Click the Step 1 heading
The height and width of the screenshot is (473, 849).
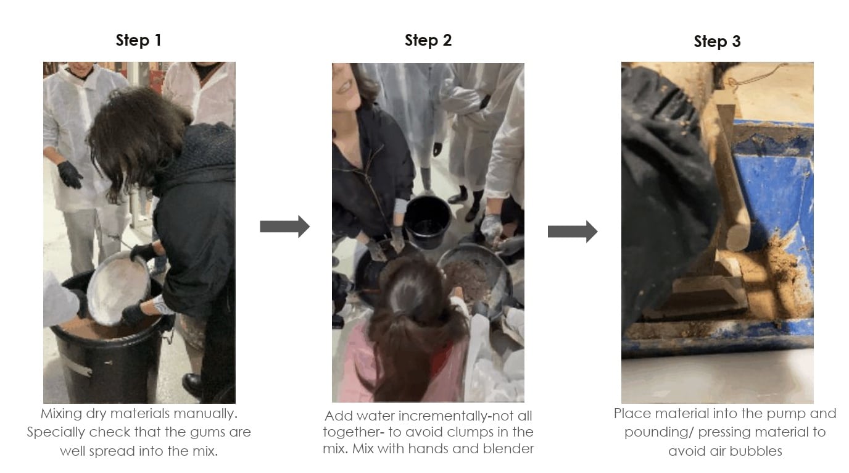click(x=139, y=40)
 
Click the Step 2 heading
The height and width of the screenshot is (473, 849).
click(x=428, y=40)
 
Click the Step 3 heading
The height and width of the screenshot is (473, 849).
click(x=717, y=41)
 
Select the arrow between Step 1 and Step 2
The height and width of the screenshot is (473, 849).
click(x=284, y=227)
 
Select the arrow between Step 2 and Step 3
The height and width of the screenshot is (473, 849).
click(x=573, y=231)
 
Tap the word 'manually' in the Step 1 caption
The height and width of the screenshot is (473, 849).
click(x=205, y=414)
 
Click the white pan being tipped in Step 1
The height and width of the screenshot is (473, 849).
click(x=118, y=289)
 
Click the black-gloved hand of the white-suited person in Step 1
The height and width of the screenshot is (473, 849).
click(x=70, y=174)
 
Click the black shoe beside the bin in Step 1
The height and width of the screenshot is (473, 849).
click(x=193, y=385)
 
